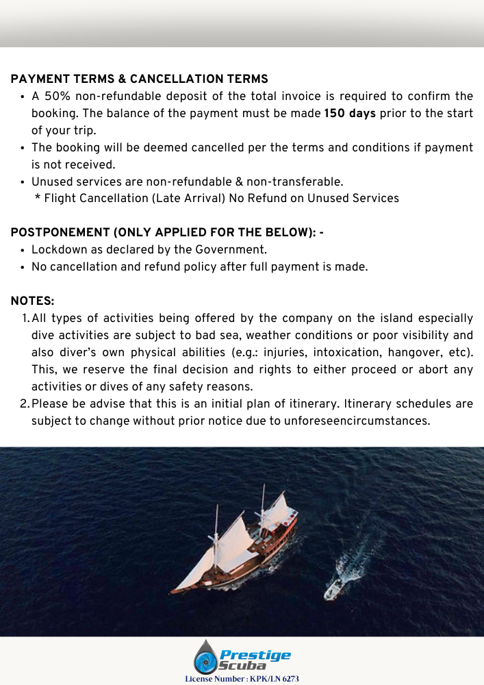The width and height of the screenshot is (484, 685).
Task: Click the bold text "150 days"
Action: click(350, 113)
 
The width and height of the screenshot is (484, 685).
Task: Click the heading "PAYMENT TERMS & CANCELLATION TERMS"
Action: click(140, 79)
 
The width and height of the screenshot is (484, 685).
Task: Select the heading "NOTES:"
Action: click(33, 301)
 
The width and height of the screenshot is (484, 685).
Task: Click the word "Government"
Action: click(229, 250)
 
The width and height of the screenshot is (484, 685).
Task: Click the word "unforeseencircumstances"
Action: click(364, 421)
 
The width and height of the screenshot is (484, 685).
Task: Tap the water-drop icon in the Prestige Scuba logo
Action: click(205, 658)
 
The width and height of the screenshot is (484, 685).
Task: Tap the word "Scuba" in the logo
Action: click(242, 667)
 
